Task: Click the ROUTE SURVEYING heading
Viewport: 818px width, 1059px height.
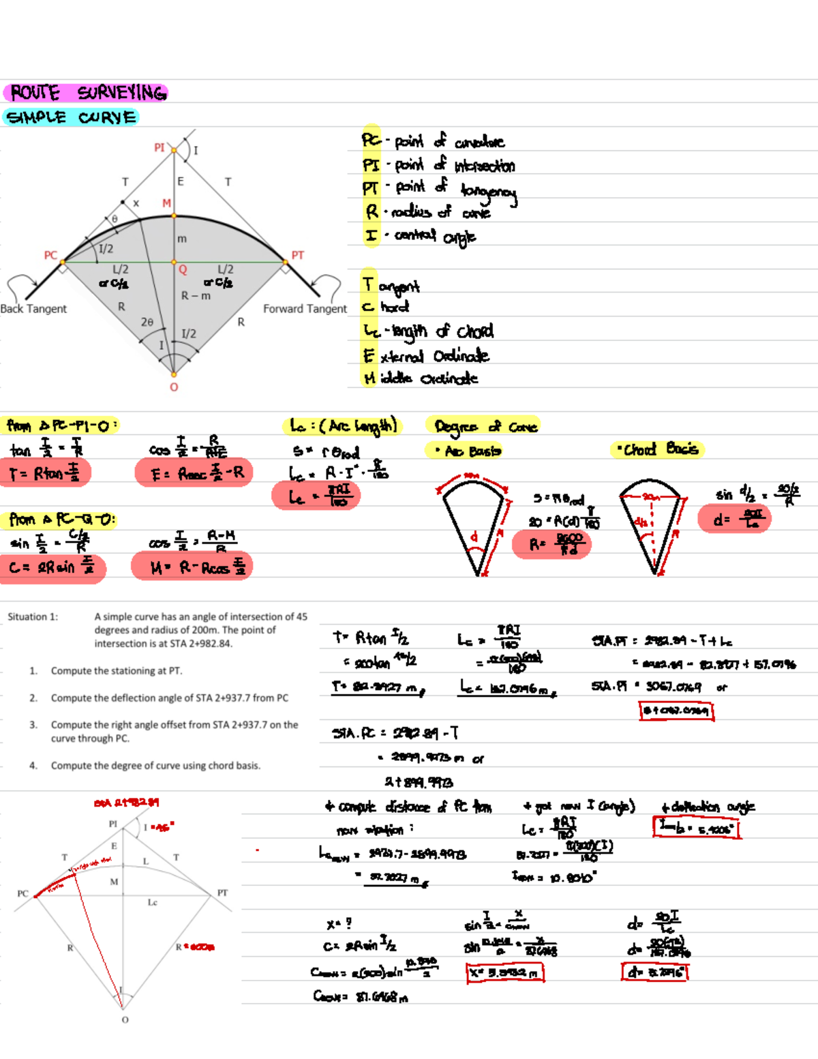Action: pos(87,93)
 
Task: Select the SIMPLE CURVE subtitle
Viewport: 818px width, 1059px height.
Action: pos(71,117)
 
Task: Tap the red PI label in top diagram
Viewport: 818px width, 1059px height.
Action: pos(160,147)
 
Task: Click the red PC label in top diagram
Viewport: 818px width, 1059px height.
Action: pos(50,255)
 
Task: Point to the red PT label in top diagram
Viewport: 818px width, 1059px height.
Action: pos(298,255)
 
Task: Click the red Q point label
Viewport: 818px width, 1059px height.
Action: pos(183,270)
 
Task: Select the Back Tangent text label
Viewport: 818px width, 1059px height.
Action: pos(33,309)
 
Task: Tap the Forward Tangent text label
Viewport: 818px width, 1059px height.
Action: pos(305,309)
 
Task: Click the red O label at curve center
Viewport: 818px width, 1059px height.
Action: pos(174,387)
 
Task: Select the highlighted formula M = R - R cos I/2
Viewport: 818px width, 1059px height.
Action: pos(193,567)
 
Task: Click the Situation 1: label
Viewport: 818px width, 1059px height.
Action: pos(33,616)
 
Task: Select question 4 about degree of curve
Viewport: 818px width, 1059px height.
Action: pos(155,766)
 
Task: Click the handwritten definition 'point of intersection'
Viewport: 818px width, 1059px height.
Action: pos(440,165)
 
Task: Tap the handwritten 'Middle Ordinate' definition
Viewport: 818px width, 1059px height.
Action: pos(421,378)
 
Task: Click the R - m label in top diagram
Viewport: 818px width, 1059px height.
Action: pos(196,296)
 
